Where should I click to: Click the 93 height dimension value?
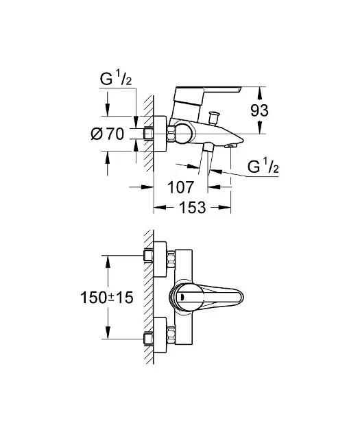(x=259, y=110)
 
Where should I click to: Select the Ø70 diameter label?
(x=108, y=134)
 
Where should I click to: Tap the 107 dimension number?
(x=181, y=187)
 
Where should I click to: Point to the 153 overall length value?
(x=193, y=207)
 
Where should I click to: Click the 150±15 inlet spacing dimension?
(x=107, y=298)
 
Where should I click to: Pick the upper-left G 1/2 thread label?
(x=116, y=80)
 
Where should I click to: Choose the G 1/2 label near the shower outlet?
(x=263, y=167)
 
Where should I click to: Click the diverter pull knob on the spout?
(x=214, y=118)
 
